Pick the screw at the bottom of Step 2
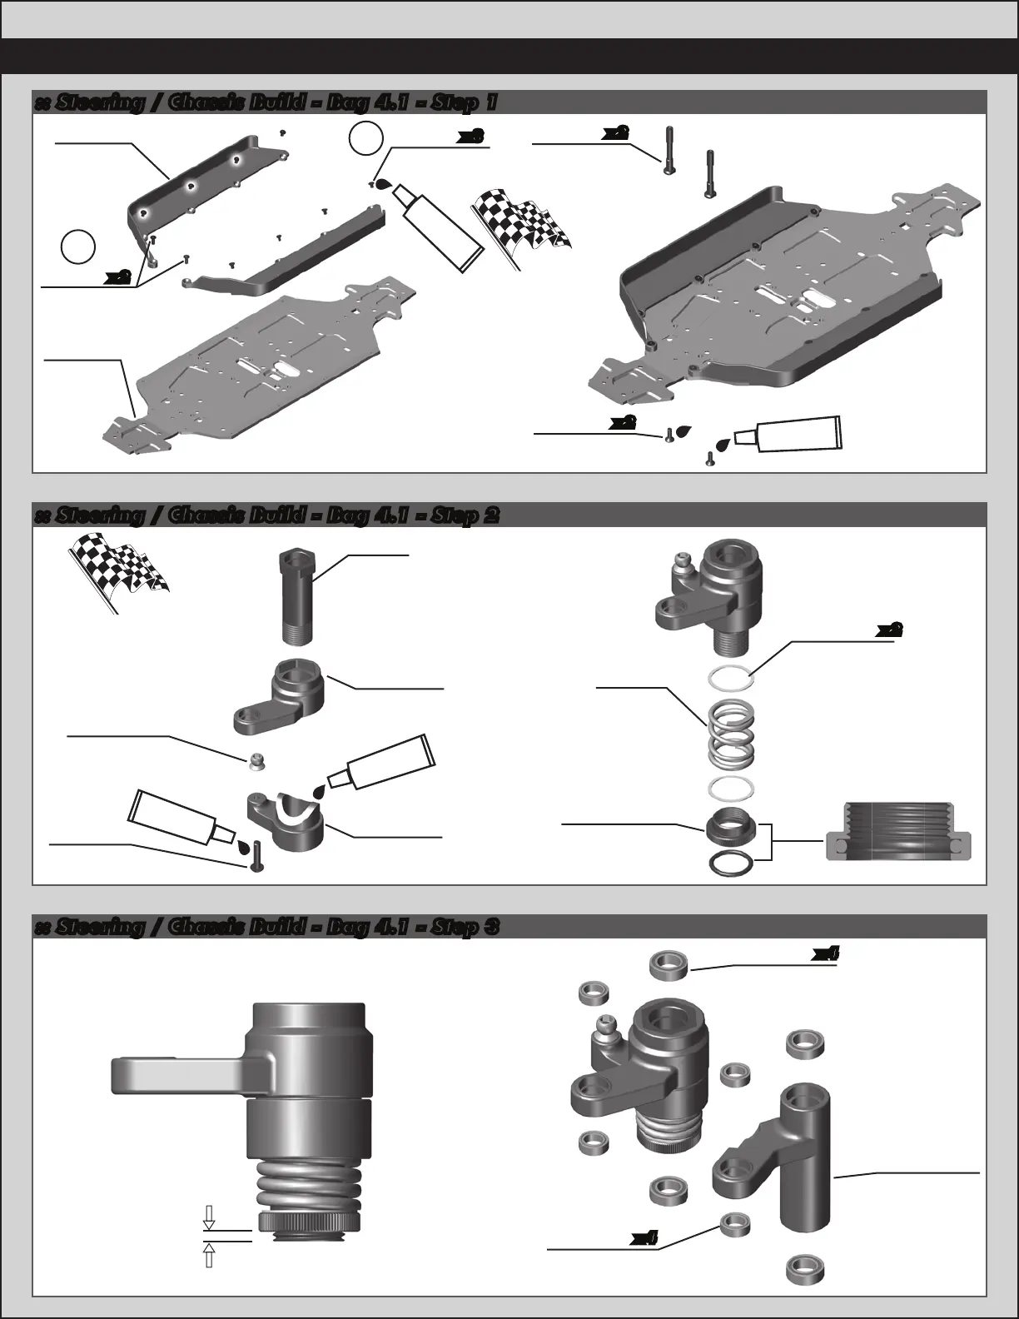[x=256, y=857]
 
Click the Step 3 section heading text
[x=266, y=927]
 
